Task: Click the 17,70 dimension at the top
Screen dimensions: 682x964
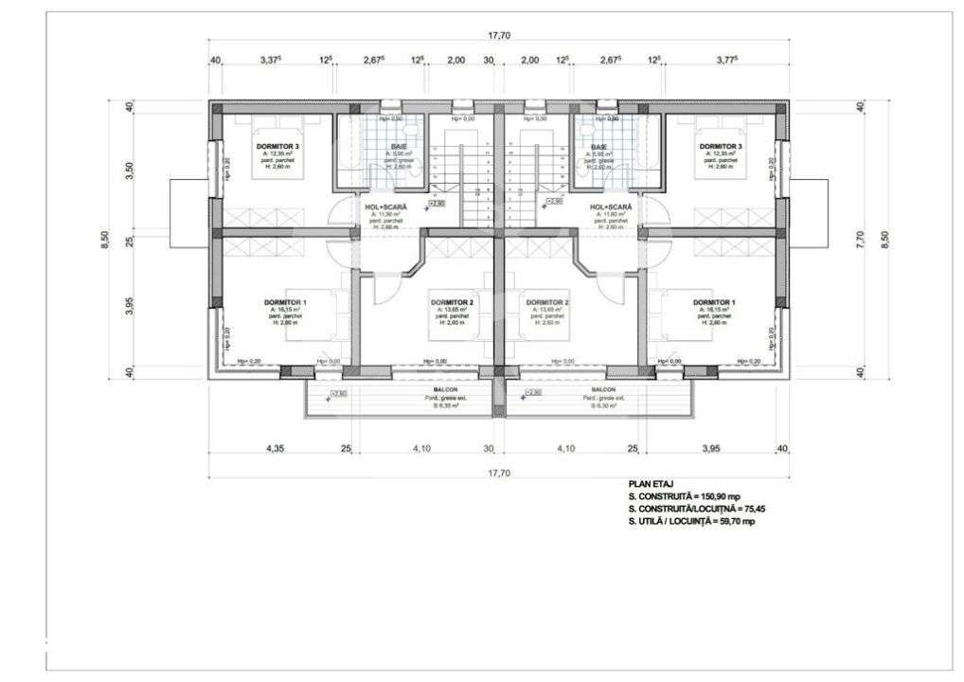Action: tap(499, 36)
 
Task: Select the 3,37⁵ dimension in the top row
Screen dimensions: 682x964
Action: tap(276, 60)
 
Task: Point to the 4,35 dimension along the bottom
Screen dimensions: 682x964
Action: tap(276, 448)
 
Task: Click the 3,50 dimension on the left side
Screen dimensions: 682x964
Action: tap(131, 170)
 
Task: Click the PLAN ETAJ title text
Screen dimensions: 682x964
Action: tap(651, 483)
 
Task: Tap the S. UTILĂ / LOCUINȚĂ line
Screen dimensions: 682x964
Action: tap(691, 521)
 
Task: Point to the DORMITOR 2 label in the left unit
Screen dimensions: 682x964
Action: tap(451, 303)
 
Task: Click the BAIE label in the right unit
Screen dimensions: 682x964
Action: tap(598, 147)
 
